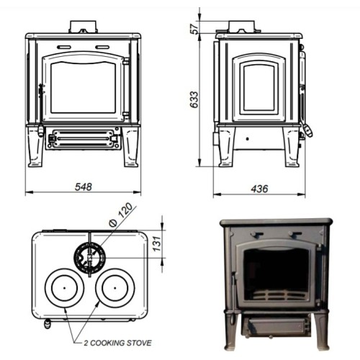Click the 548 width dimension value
(84, 186)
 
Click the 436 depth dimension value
(258, 188)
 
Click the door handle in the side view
(310, 130)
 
